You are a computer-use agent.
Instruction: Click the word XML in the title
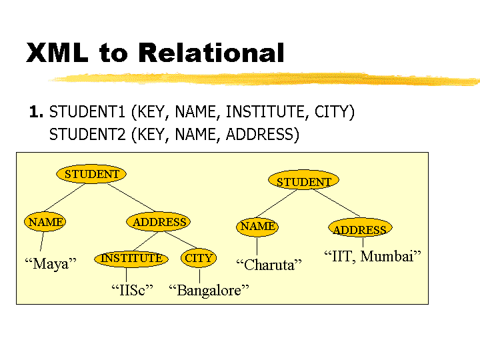(57, 53)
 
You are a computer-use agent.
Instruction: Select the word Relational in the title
(211, 53)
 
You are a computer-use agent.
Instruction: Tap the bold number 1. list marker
(36, 111)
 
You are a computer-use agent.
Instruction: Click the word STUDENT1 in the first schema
(87, 111)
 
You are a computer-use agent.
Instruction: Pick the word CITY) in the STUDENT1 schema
(335, 112)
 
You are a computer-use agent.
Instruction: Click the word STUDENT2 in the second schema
(87, 135)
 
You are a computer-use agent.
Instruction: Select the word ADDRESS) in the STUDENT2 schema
(263, 135)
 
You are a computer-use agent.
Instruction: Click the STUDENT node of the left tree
(91, 174)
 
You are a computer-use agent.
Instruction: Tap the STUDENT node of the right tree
(304, 180)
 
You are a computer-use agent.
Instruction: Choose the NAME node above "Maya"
(45, 221)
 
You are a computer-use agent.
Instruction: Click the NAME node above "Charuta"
(257, 227)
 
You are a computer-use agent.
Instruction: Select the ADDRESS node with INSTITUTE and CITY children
(159, 221)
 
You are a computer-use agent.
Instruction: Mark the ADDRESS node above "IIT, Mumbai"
(360, 228)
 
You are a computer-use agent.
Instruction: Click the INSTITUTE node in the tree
(131, 259)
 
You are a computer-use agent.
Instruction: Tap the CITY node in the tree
(199, 258)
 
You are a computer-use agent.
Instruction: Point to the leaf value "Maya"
(51, 264)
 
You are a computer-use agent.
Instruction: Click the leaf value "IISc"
(132, 290)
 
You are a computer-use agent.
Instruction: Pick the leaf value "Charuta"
(269, 265)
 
